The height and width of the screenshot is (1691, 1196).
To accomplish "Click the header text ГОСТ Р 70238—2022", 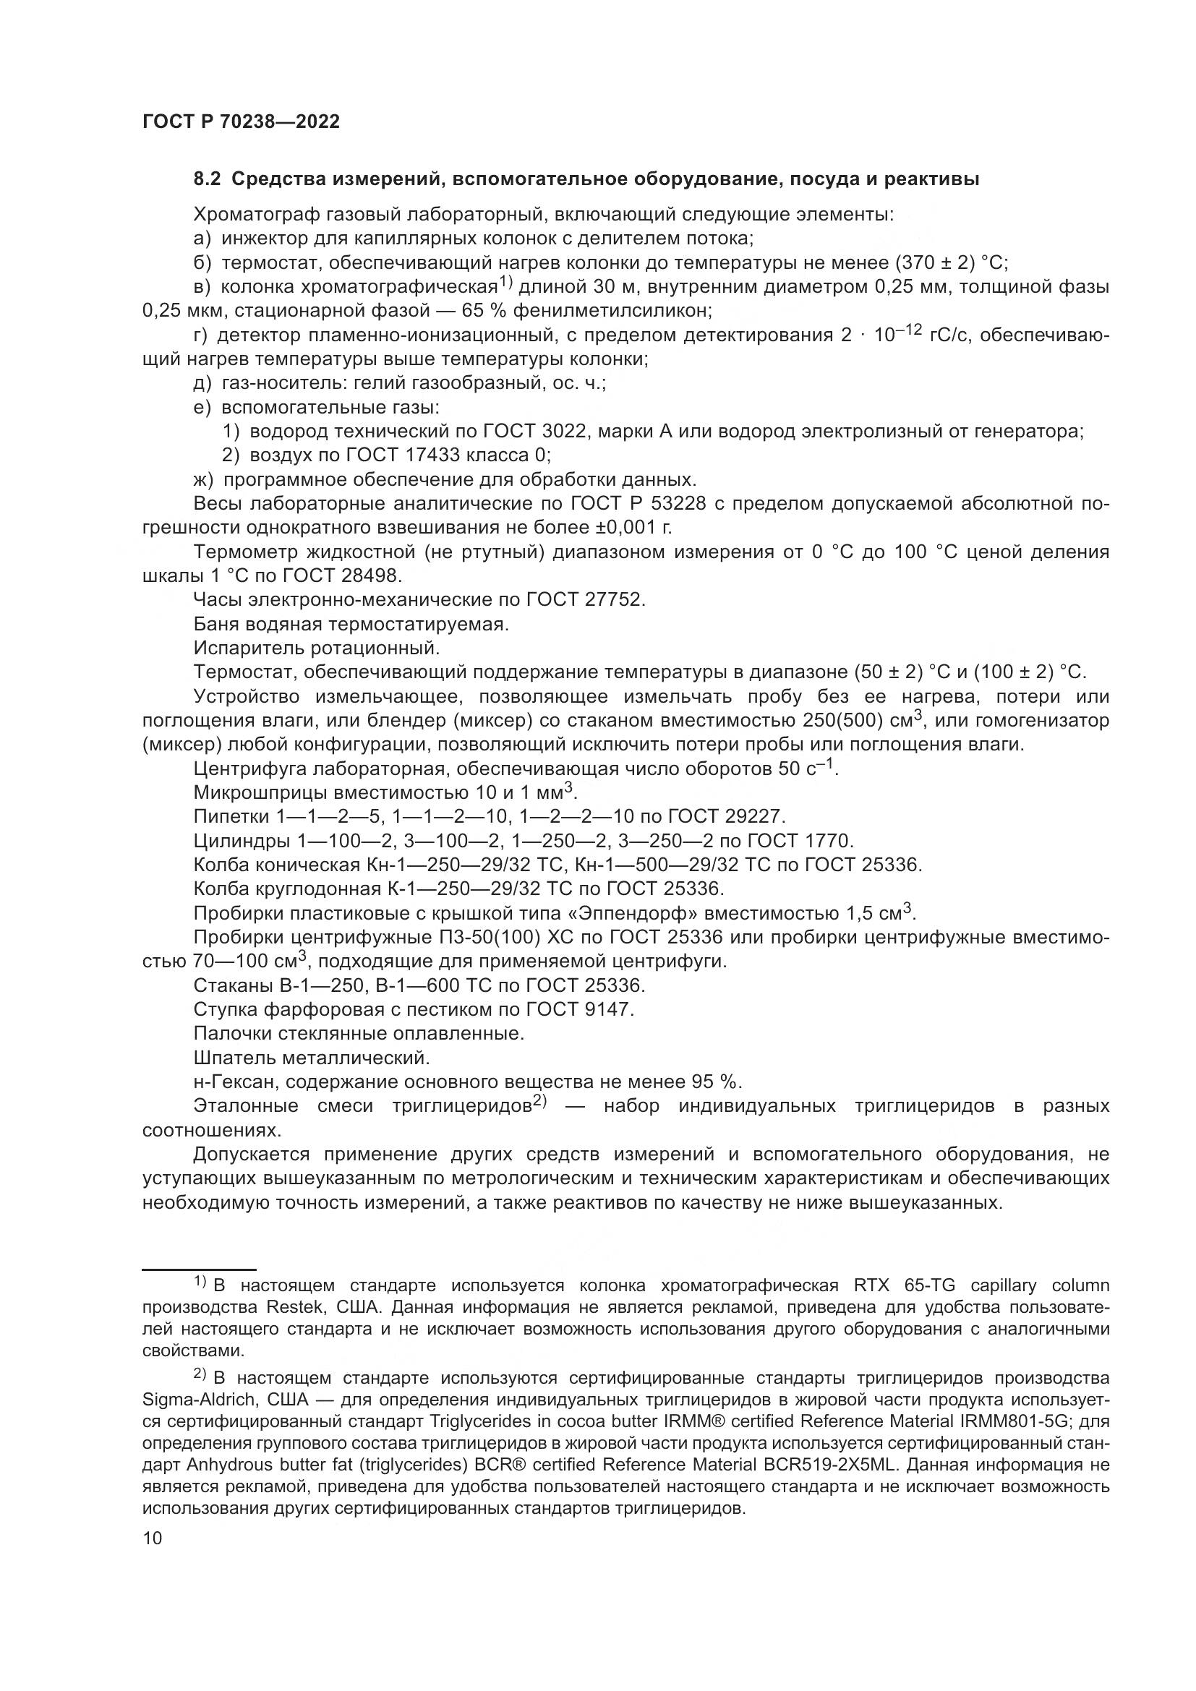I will tap(241, 122).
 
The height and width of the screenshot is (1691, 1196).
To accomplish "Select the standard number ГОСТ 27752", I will tap(586, 599).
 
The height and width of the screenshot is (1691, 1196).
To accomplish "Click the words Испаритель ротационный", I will tap(317, 648).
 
